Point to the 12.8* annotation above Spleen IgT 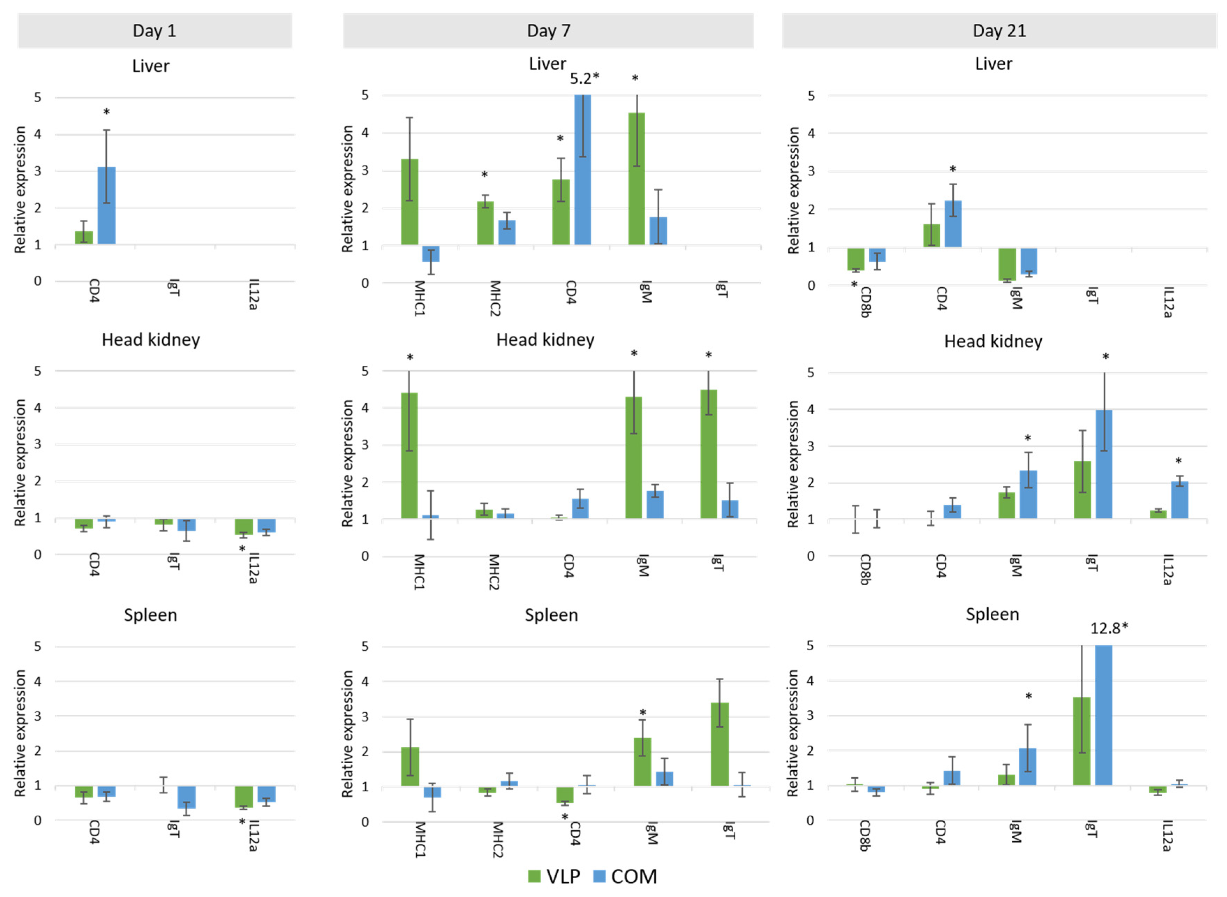click(x=1109, y=628)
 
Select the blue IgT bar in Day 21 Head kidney click(x=1104, y=464)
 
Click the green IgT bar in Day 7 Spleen click(x=719, y=744)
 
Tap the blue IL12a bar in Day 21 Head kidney click(x=1179, y=499)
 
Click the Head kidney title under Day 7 click(x=545, y=340)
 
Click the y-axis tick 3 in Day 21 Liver click(x=811, y=172)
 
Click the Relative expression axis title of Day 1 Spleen click(x=20, y=733)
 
